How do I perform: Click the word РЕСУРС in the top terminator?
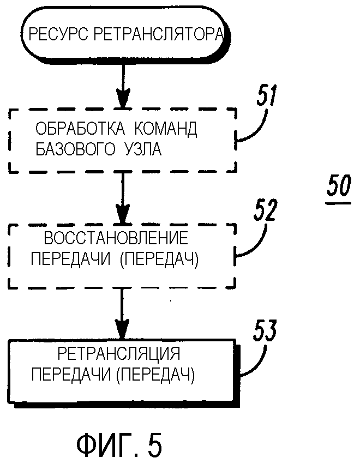(58, 35)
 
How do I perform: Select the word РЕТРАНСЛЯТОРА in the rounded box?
(158, 35)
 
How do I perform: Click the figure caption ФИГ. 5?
(119, 444)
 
